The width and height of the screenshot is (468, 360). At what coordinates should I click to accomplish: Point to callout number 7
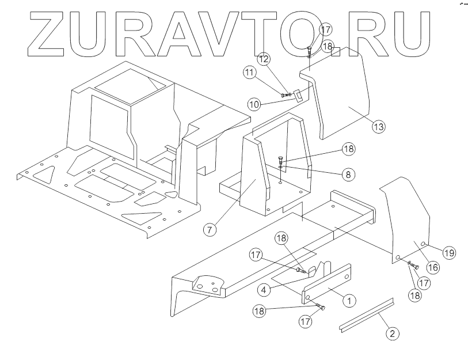(x=210, y=229)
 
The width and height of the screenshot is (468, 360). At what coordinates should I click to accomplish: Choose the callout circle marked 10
(x=254, y=104)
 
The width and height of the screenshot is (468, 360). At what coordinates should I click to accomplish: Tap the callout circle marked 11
(x=249, y=73)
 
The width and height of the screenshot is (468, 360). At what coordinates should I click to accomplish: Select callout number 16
(x=432, y=267)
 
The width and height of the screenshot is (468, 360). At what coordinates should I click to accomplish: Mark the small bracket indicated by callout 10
(x=299, y=95)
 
